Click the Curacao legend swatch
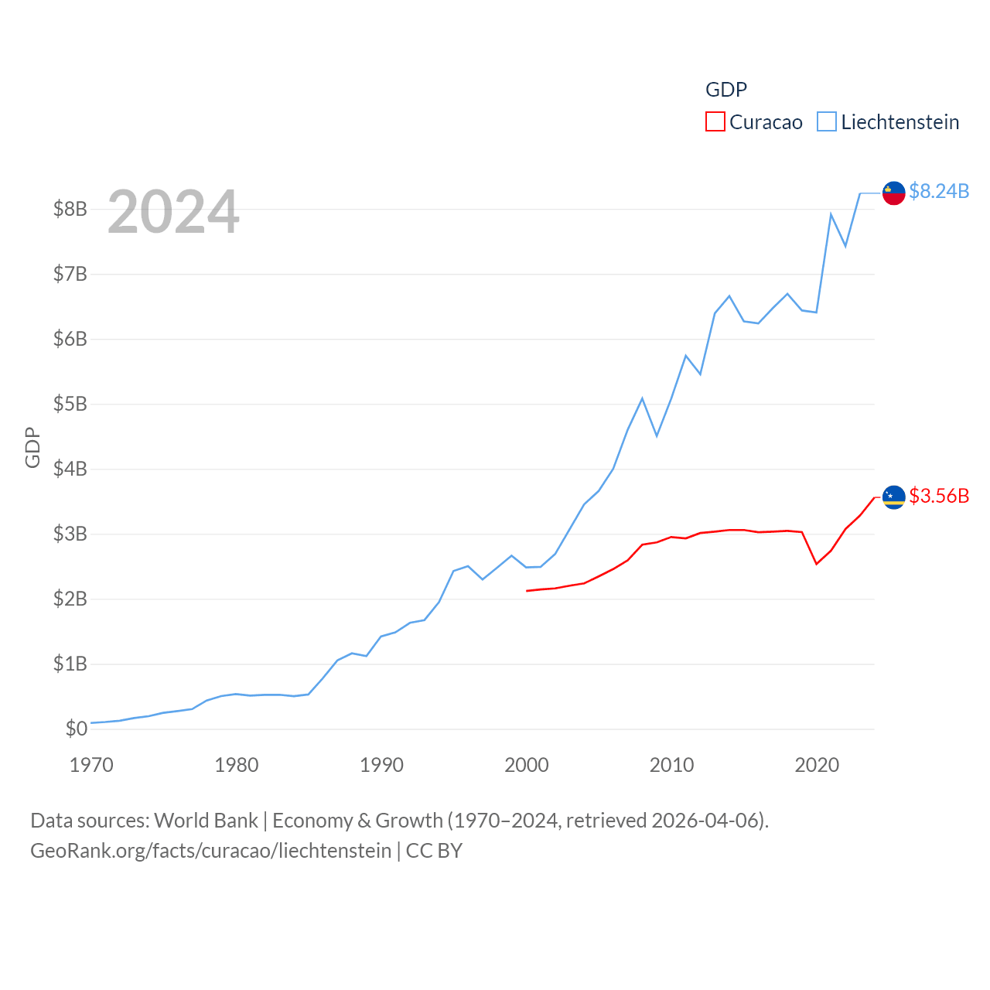point(715,122)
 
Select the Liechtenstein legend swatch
point(827,122)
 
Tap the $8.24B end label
point(939,191)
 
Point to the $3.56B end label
point(939,496)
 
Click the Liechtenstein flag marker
point(894,193)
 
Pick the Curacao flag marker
point(894,497)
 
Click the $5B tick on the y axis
point(70,404)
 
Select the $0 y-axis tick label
point(76,729)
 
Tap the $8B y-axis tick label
point(70,209)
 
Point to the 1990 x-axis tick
point(381,765)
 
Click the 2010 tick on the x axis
point(671,765)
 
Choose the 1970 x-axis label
point(91,765)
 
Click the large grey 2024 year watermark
point(173,212)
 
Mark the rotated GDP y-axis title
point(32,447)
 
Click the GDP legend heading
point(726,90)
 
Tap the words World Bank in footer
point(206,821)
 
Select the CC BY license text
point(434,851)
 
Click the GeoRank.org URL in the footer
point(210,851)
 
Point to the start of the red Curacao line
point(527,591)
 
